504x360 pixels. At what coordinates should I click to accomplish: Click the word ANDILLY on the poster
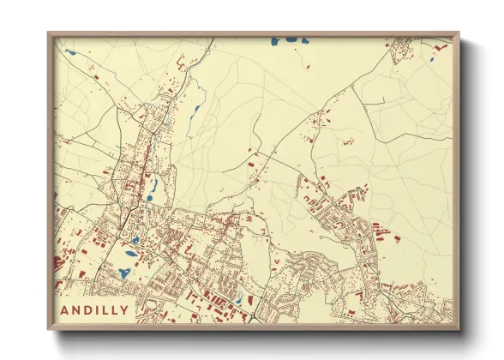pyautogui.click(x=97, y=309)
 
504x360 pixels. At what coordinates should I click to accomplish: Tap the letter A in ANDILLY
pyautogui.click(x=68, y=309)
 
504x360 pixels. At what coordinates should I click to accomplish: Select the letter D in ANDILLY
pyautogui.click(x=88, y=309)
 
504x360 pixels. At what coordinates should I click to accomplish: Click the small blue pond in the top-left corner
pyautogui.click(x=70, y=52)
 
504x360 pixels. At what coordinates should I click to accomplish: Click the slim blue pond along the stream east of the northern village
pyautogui.click(x=198, y=111)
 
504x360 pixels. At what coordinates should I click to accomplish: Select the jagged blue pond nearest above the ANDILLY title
pyautogui.click(x=123, y=273)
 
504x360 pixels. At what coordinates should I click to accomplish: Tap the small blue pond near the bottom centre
pyautogui.click(x=239, y=299)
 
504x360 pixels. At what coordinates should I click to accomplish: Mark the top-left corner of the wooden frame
pyautogui.click(x=49, y=33)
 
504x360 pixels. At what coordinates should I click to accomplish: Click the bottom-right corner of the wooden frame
pyautogui.click(x=459, y=329)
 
